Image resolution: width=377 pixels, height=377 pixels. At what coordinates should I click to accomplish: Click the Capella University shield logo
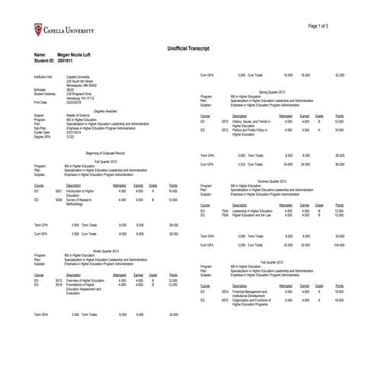39,30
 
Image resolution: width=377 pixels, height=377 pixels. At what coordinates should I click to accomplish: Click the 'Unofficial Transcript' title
188,48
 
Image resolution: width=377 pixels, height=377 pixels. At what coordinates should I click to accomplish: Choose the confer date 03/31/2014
75,132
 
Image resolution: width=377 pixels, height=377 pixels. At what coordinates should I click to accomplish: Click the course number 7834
225,215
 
